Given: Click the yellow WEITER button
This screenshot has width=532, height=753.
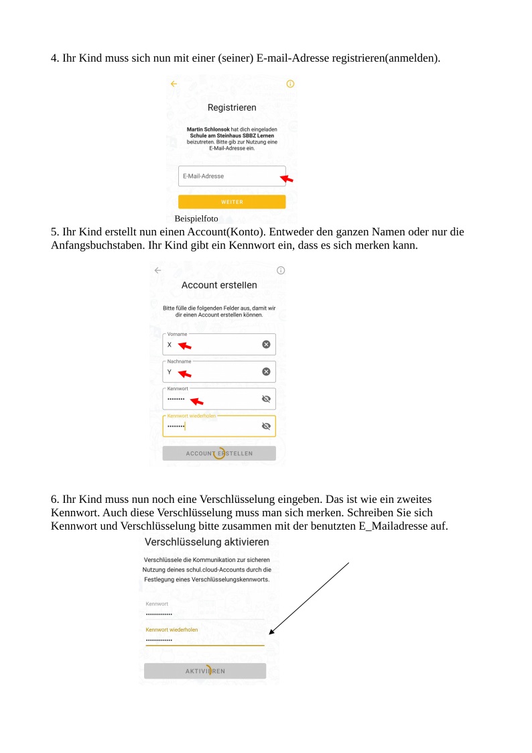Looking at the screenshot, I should pyautogui.click(x=232, y=202).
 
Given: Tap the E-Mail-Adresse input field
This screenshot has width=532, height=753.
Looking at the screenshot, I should pyautogui.click(x=228, y=176).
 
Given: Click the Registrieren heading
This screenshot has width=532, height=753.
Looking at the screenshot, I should pyautogui.click(x=232, y=107).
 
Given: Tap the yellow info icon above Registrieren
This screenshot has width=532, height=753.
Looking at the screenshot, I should pyautogui.click(x=290, y=84).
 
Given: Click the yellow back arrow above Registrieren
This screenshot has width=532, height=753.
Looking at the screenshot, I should pyautogui.click(x=174, y=84).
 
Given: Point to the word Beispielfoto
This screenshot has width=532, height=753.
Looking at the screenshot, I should pyautogui.click(x=196, y=219).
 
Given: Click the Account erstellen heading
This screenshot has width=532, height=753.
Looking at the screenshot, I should pyautogui.click(x=219, y=285).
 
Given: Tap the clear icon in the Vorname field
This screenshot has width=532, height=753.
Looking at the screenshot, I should pyautogui.click(x=266, y=344).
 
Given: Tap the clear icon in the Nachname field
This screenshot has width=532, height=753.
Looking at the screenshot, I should pyautogui.click(x=266, y=371).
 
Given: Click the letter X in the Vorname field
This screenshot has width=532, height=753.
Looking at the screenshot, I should pyautogui.click(x=170, y=345).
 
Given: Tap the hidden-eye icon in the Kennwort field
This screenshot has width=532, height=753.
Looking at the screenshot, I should pyautogui.click(x=266, y=399).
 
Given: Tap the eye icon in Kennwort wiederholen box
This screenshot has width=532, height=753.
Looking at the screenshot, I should pyautogui.click(x=266, y=426).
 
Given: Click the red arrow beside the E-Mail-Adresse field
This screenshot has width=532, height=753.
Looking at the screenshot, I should pyautogui.click(x=286, y=178).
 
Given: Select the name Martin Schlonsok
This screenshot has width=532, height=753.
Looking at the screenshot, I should pyautogui.click(x=208, y=129).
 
